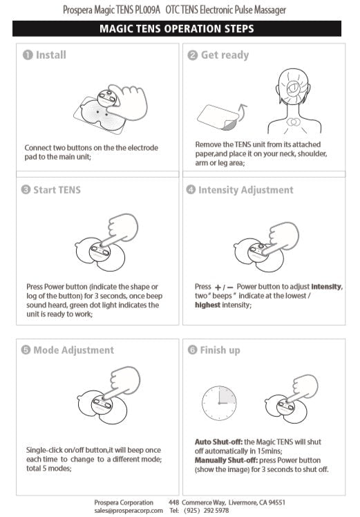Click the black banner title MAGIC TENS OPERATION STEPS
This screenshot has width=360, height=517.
click(177, 29)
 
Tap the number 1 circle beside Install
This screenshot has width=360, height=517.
click(28, 55)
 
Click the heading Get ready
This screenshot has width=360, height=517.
click(225, 55)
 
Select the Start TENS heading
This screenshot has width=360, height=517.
click(57, 190)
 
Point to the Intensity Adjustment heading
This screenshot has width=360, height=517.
click(245, 190)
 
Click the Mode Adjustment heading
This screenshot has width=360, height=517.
click(73, 350)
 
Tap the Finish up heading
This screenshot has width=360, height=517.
click(220, 350)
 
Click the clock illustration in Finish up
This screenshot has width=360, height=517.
click(219, 403)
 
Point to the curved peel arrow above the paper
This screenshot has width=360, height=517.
click(242, 112)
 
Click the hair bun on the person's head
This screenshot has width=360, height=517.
click(293, 87)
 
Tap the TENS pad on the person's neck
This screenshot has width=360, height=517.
click(293, 122)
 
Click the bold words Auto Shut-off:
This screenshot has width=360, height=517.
click(218, 442)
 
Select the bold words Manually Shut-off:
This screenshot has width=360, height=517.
click(226, 460)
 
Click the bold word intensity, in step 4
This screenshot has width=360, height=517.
click(327, 287)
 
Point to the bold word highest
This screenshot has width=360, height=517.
click(207, 305)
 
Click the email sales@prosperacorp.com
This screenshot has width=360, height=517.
click(129, 510)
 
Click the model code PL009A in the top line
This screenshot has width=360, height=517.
click(147, 10)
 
